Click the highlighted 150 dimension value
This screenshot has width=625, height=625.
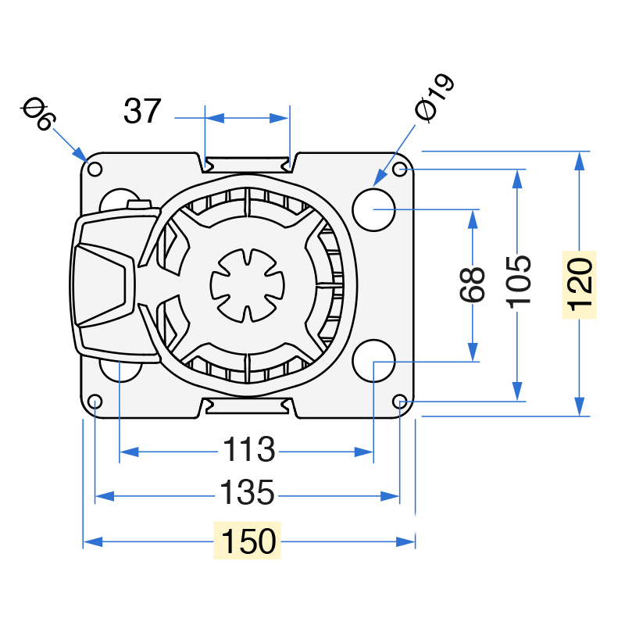pyautogui.click(x=248, y=541)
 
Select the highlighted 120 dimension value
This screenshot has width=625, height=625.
pyautogui.click(x=579, y=284)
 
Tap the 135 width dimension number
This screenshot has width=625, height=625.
pyautogui.click(x=247, y=492)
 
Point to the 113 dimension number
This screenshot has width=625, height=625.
pyautogui.click(x=248, y=449)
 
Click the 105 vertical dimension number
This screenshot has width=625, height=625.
pyautogui.click(x=518, y=282)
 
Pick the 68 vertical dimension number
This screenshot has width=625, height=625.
pyautogui.click(x=473, y=284)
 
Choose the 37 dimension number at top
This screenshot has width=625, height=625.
pyautogui.click(x=142, y=111)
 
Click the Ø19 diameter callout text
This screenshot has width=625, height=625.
pyautogui.click(x=434, y=97)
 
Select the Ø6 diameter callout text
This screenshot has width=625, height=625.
pyautogui.click(x=38, y=113)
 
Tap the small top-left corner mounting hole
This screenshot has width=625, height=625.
pyautogui.click(x=95, y=169)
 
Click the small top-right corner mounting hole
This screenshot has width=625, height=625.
pyautogui.click(x=400, y=169)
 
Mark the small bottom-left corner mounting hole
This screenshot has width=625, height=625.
pyautogui.click(x=95, y=402)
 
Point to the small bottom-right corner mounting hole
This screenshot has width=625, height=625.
pyautogui.click(x=400, y=402)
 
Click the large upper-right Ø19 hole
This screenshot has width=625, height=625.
pyautogui.click(x=373, y=209)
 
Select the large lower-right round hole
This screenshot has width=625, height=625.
pyautogui.click(x=373, y=361)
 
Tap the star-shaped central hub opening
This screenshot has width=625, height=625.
pyautogui.click(x=248, y=285)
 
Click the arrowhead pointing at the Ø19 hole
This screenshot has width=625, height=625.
pyautogui.click(x=380, y=178)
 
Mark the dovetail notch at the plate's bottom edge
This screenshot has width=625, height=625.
pyautogui.click(x=248, y=407)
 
